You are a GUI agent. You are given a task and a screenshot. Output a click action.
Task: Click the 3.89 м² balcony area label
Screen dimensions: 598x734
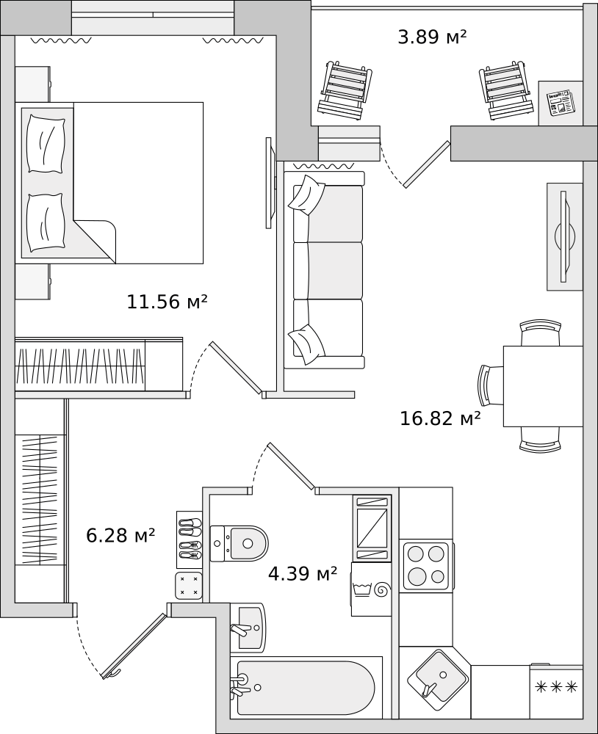click(x=432, y=37)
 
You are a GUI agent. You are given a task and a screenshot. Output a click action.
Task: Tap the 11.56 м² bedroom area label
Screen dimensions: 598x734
click(x=167, y=302)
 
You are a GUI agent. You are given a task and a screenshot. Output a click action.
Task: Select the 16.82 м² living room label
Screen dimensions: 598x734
click(x=440, y=418)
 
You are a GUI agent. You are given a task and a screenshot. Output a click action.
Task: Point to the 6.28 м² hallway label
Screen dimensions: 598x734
click(x=120, y=535)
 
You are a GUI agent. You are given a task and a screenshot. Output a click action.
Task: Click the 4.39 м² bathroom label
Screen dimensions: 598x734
click(x=303, y=573)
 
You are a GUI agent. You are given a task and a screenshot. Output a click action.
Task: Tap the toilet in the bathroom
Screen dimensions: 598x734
click(x=239, y=543)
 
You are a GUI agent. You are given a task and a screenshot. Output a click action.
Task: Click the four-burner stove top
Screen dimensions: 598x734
click(x=426, y=565)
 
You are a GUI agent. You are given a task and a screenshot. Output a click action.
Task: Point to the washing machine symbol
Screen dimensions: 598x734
click(x=371, y=589)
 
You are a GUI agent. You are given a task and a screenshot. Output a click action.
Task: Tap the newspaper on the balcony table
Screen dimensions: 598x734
click(x=561, y=103)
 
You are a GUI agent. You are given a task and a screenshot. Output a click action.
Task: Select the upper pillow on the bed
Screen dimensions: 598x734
click(x=46, y=144)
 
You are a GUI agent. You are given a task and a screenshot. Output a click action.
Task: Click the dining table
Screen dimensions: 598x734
click(x=543, y=386)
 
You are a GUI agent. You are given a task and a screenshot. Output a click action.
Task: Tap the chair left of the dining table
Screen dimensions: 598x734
click(x=490, y=385)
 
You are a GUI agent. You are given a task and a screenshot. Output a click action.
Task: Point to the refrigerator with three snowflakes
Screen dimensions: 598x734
click(x=556, y=692)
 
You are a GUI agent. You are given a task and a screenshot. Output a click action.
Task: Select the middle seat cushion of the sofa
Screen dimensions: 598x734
click(x=335, y=270)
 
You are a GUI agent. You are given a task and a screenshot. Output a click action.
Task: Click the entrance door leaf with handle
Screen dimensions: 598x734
click(x=134, y=645)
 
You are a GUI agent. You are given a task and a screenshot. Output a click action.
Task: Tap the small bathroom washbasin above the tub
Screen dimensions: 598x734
click(x=248, y=628)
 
